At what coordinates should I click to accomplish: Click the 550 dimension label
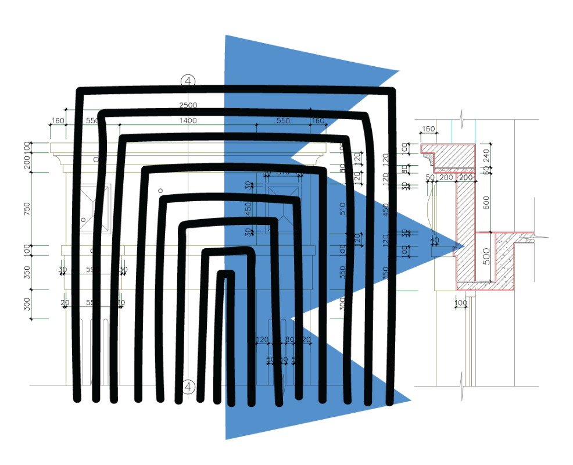coord(283,121)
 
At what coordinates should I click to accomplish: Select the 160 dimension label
coord(318,121)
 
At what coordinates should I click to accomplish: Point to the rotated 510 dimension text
coord(342,209)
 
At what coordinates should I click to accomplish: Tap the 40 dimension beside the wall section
coord(434,239)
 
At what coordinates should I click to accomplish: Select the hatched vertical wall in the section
coord(465,227)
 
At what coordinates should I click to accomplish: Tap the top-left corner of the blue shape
coord(226,36)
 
